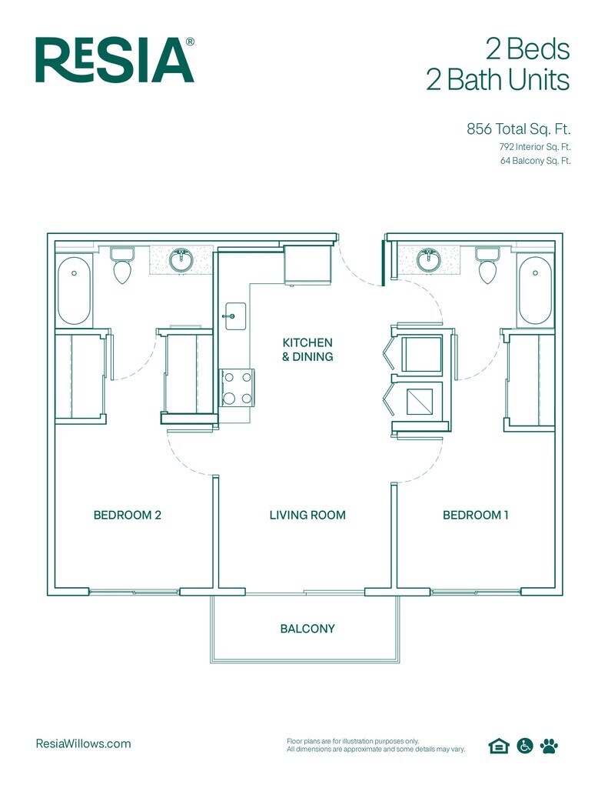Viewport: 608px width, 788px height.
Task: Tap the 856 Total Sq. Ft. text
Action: [518, 129]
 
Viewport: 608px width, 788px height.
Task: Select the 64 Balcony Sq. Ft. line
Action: [535, 162]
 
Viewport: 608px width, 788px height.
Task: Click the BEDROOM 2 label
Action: [127, 515]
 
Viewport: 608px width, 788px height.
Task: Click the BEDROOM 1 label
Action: [476, 515]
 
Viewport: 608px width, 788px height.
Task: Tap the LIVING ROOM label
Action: [307, 515]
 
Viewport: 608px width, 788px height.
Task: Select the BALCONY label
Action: [307, 629]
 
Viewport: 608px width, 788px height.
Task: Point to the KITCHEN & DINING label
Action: [307, 349]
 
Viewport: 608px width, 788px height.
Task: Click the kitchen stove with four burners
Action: [237, 388]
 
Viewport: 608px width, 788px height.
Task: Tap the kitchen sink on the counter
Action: [234, 316]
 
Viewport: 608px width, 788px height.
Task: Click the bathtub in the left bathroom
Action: [75, 291]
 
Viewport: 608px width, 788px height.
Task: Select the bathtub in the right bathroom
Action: [534, 290]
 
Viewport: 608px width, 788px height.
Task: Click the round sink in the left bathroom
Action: [181, 259]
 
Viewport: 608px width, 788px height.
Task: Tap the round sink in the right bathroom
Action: [428, 259]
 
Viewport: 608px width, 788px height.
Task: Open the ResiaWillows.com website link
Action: [84, 743]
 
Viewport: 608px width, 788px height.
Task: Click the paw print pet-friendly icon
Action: [549, 745]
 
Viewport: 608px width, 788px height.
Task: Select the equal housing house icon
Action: [498, 745]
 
